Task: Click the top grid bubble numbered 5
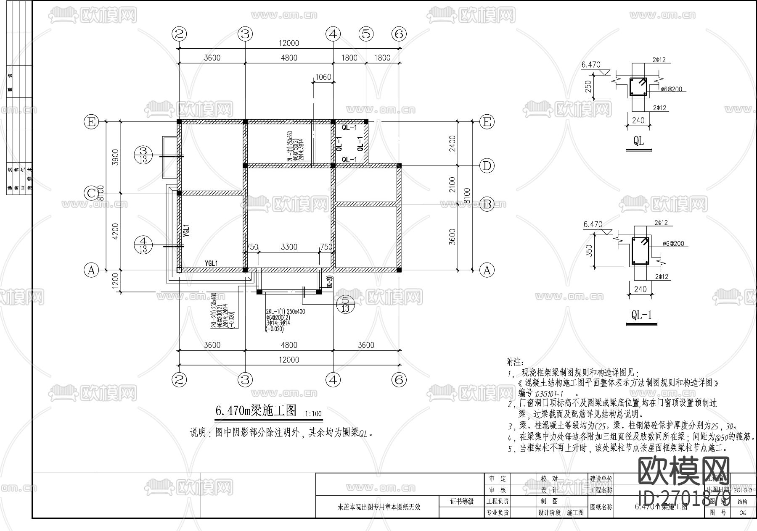[366, 34]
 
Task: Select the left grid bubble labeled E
[91, 122]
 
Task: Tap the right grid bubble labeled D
[487, 166]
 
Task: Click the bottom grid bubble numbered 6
[399, 380]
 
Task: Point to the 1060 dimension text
[323, 77]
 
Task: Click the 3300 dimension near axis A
[289, 247]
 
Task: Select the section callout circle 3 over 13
[143, 155]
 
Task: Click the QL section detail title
[638, 141]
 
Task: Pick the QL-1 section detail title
[641, 316]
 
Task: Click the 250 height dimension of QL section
[588, 87]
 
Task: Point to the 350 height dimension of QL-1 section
[589, 251]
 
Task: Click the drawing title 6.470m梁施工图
[256, 410]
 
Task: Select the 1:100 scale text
[313, 414]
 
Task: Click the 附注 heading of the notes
[514, 362]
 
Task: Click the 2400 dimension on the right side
[453, 144]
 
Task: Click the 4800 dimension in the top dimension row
[289, 58]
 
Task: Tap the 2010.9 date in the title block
[742, 490]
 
